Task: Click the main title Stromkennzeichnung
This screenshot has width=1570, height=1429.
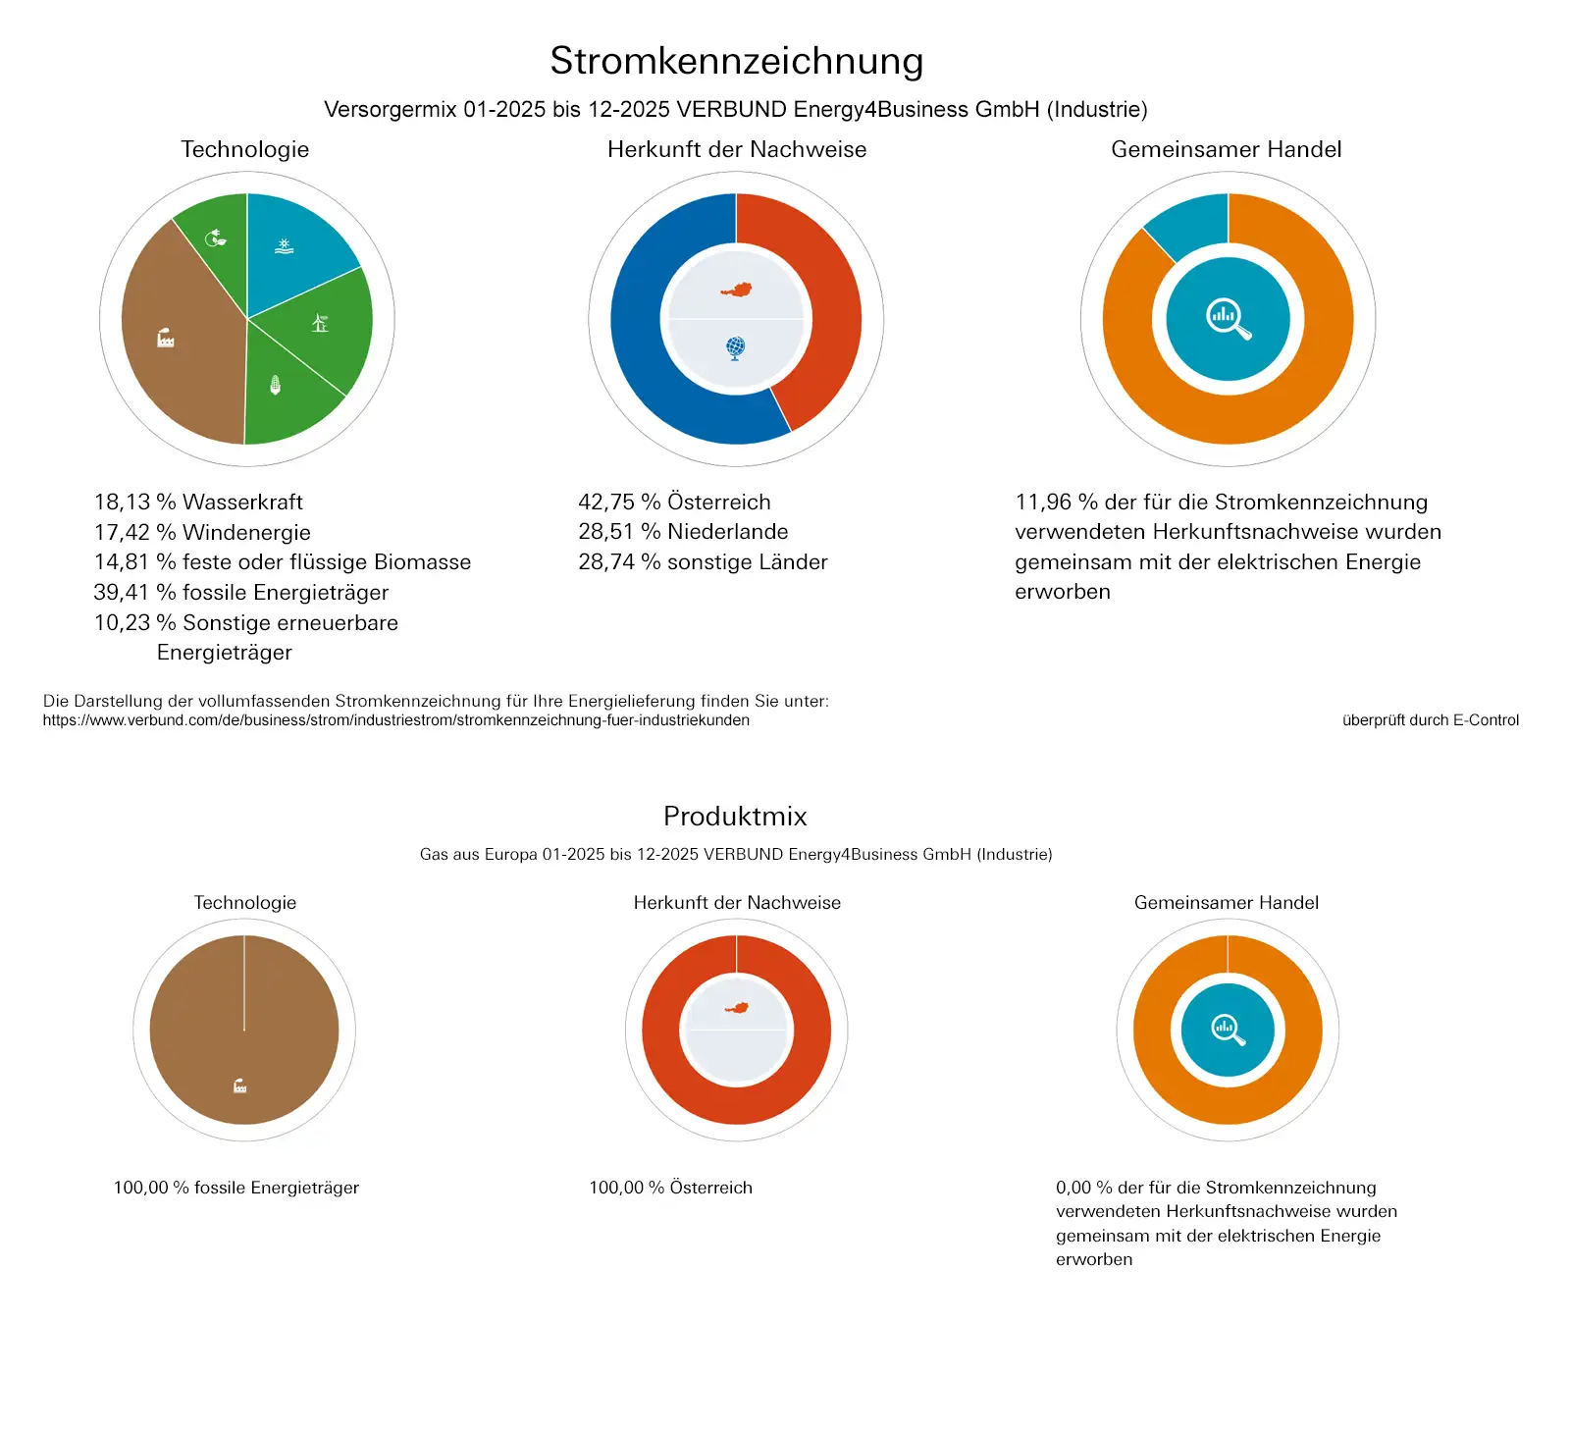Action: tap(736, 61)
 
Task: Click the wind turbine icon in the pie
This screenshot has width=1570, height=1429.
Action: tap(320, 322)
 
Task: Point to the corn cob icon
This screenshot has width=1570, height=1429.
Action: tap(276, 385)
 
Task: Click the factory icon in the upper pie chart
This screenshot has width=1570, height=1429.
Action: tap(166, 339)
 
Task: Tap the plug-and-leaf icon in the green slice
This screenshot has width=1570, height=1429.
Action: tap(216, 238)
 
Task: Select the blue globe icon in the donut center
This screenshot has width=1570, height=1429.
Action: tap(736, 347)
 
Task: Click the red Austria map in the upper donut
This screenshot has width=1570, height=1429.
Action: tap(736, 290)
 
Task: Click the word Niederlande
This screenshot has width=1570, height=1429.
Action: tap(727, 531)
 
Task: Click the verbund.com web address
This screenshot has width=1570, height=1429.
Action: tap(395, 720)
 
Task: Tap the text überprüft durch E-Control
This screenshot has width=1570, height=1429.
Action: tap(1430, 720)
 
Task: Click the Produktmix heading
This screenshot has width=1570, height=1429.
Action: tap(735, 816)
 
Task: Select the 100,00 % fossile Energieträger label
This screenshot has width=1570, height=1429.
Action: tap(236, 1188)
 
